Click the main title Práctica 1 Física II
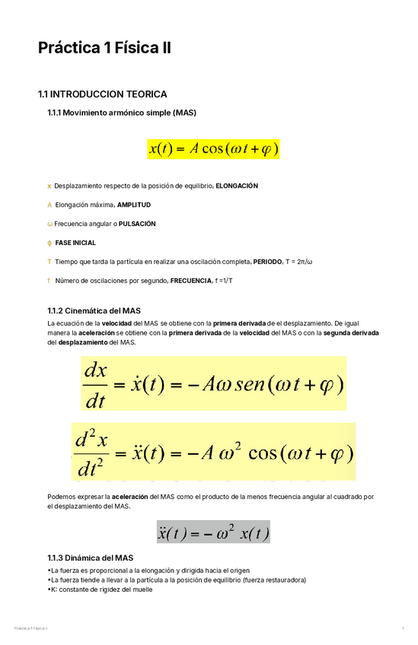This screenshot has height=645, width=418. click(104, 49)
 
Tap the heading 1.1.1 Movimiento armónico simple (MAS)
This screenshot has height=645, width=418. click(121, 113)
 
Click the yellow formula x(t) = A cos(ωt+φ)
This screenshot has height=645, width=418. click(213, 149)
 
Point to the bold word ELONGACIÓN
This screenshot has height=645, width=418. click(237, 186)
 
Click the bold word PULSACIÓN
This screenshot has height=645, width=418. click(137, 224)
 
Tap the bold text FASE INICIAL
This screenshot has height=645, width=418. click(75, 243)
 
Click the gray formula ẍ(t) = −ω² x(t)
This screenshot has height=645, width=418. click(213, 532)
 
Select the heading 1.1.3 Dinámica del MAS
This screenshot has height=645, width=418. click(90, 558)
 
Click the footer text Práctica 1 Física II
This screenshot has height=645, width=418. click(30, 628)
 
